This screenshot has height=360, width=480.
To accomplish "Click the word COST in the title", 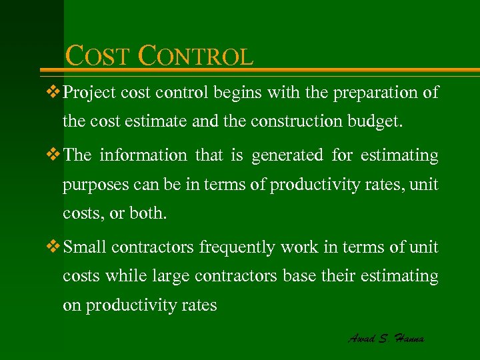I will coord(99,57).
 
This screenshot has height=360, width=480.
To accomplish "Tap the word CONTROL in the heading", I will coord(195,57).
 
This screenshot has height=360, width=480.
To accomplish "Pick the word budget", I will coord(379,122).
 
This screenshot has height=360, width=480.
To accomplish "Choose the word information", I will coord(143,155).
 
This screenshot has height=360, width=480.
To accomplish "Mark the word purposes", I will coord(93,185).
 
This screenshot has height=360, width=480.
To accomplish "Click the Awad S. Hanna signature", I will coord(386,338).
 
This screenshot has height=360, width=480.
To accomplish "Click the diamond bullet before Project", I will coord(55,92).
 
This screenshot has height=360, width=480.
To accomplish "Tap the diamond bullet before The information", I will coord(55,155).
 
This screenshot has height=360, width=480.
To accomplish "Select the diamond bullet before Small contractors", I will coord(55,247).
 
